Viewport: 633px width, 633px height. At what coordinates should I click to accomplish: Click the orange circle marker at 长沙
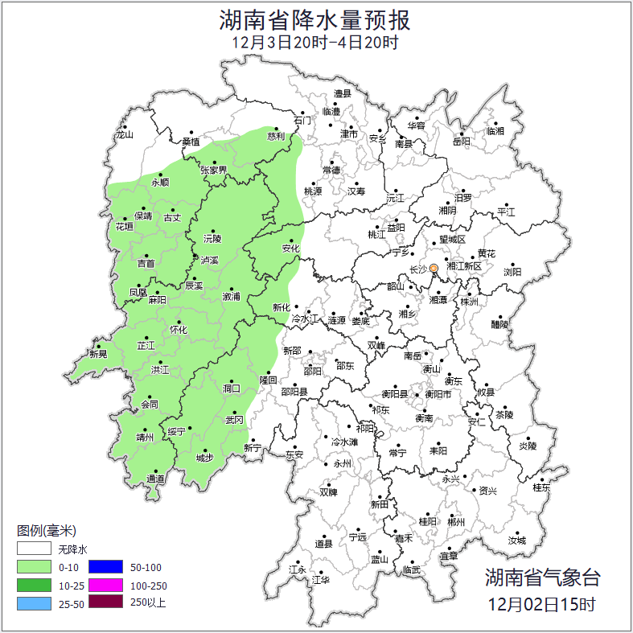[434, 269]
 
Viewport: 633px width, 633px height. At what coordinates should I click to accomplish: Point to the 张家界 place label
[214, 171]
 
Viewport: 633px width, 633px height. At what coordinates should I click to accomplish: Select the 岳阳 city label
[462, 142]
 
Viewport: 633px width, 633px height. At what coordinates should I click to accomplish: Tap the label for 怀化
[178, 330]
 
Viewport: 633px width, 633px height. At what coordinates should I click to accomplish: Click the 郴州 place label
[456, 522]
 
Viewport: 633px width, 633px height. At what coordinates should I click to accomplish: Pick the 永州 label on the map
[342, 464]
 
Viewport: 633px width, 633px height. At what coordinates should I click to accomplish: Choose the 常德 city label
[331, 171]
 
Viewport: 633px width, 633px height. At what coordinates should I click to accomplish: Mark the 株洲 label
[469, 302]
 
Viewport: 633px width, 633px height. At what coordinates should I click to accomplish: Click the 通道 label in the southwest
[155, 479]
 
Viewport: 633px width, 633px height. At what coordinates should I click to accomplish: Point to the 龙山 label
[124, 135]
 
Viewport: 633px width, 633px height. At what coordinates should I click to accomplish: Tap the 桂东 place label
[541, 487]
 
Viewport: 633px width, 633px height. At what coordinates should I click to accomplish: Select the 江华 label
[321, 579]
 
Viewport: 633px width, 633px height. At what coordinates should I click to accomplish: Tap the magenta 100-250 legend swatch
[105, 586]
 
